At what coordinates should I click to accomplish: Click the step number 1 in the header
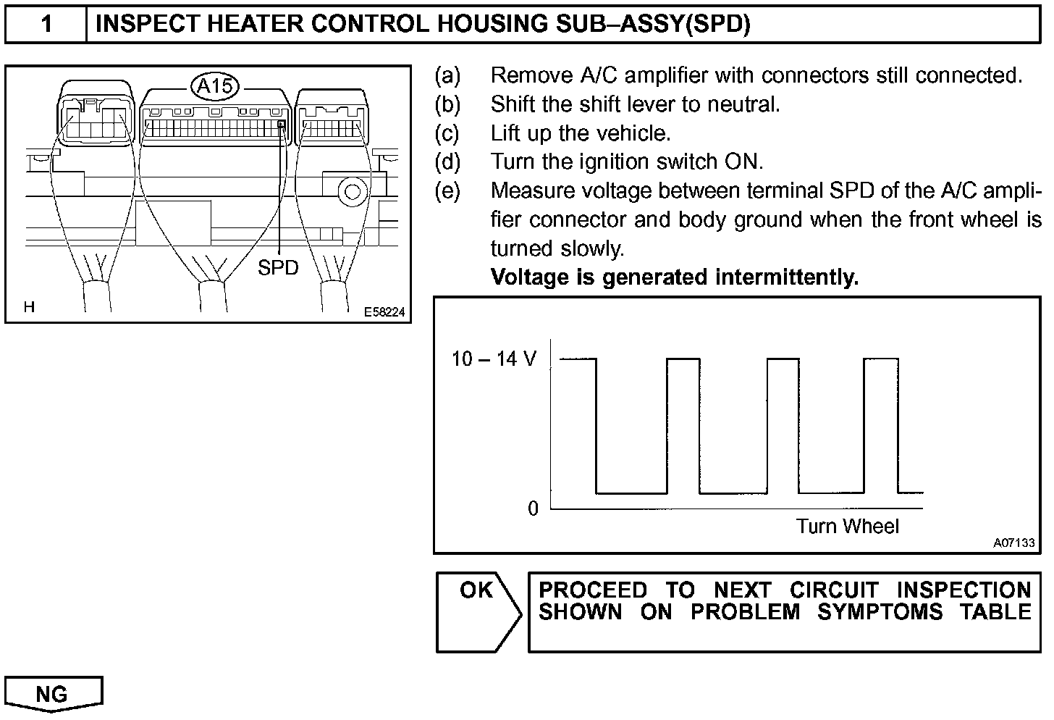(46, 25)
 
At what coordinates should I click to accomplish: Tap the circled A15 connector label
(216, 86)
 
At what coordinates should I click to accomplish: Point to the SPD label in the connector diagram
(278, 268)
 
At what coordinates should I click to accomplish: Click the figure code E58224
(384, 312)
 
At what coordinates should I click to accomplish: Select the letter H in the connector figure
(29, 307)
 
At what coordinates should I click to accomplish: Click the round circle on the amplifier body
(352, 192)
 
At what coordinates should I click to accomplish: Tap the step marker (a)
(447, 75)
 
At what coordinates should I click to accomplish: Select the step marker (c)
(447, 133)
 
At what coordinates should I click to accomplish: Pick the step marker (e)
(447, 191)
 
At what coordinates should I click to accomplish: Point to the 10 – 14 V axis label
(494, 359)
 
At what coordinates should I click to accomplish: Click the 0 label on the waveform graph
(534, 508)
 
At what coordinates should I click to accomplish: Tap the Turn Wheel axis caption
(847, 526)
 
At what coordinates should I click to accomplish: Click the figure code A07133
(1013, 543)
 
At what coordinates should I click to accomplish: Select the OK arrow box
(478, 612)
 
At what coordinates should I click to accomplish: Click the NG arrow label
(54, 694)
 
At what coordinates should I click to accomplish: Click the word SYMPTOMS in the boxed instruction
(880, 612)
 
